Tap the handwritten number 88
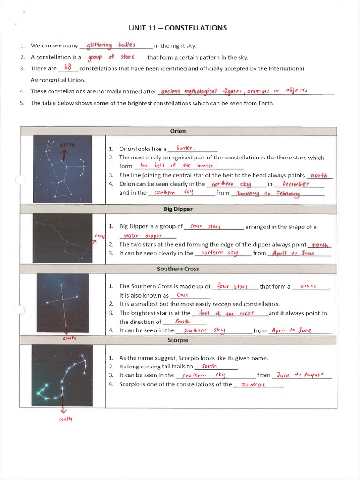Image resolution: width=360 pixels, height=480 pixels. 68,67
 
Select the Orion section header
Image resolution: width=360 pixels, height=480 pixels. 178,131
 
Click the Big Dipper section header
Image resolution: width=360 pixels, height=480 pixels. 178,209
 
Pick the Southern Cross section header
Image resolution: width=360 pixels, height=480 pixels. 178,269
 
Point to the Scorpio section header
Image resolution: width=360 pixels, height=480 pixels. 178,340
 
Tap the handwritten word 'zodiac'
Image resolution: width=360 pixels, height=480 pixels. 253,385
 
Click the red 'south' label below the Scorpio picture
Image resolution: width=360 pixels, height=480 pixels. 65,419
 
